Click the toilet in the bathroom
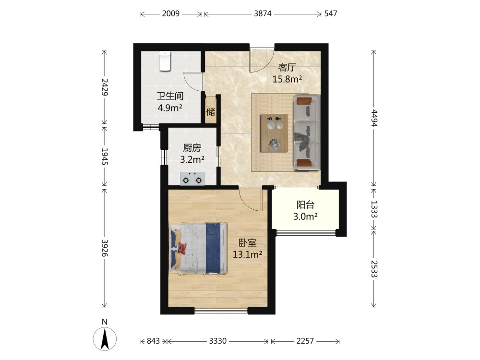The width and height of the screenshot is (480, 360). [x=165, y=61]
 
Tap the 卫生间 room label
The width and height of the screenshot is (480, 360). [x=170, y=96]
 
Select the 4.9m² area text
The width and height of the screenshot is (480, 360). [x=170, y=108]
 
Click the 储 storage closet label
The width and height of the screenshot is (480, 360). [x=211, y=112]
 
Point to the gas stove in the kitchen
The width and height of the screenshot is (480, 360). [x=192, y=179]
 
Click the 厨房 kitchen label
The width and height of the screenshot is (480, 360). [x=192, y=148]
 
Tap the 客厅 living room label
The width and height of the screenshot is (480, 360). [x=287, y=67]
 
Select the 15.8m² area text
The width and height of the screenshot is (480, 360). [x=287, y=79]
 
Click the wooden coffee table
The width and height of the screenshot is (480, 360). [x=274, y=133]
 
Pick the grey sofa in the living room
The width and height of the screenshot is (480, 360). [x=307, y=132]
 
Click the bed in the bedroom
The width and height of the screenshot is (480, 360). [x=198, y=248]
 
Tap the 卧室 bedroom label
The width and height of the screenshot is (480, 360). [x=247, y=243]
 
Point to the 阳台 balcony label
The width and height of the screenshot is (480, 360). [x=305, y=205]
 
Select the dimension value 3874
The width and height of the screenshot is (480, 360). [x=263, y=13]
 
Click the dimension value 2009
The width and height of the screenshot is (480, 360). [x=171, y=13]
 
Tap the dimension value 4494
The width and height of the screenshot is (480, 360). [x=374, y=118]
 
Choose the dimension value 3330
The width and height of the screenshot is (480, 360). [x=218, y=341]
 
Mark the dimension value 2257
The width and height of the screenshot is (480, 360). [x=305, y=341]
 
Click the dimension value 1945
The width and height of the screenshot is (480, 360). [x=105, y=156]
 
